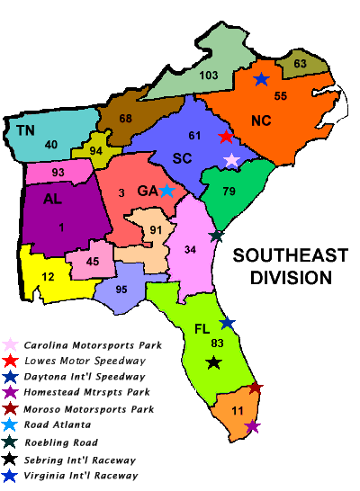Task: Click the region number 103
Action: [x=209, y=76]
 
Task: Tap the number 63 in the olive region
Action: [x=300, y=64]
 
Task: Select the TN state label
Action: [x=26, y=131]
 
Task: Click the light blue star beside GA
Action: [x=166, y=191]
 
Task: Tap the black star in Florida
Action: [x=213, y=362]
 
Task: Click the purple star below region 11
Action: [x=253, y=426]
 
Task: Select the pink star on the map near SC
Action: [x=232, y=160]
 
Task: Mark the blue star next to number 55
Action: [x=261, y=79]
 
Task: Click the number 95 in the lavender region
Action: [x=121, y=289]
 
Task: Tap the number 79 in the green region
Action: [x=229, y=191]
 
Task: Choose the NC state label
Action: [x=261, y=121]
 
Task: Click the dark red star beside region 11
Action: [x=256, y=388]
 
